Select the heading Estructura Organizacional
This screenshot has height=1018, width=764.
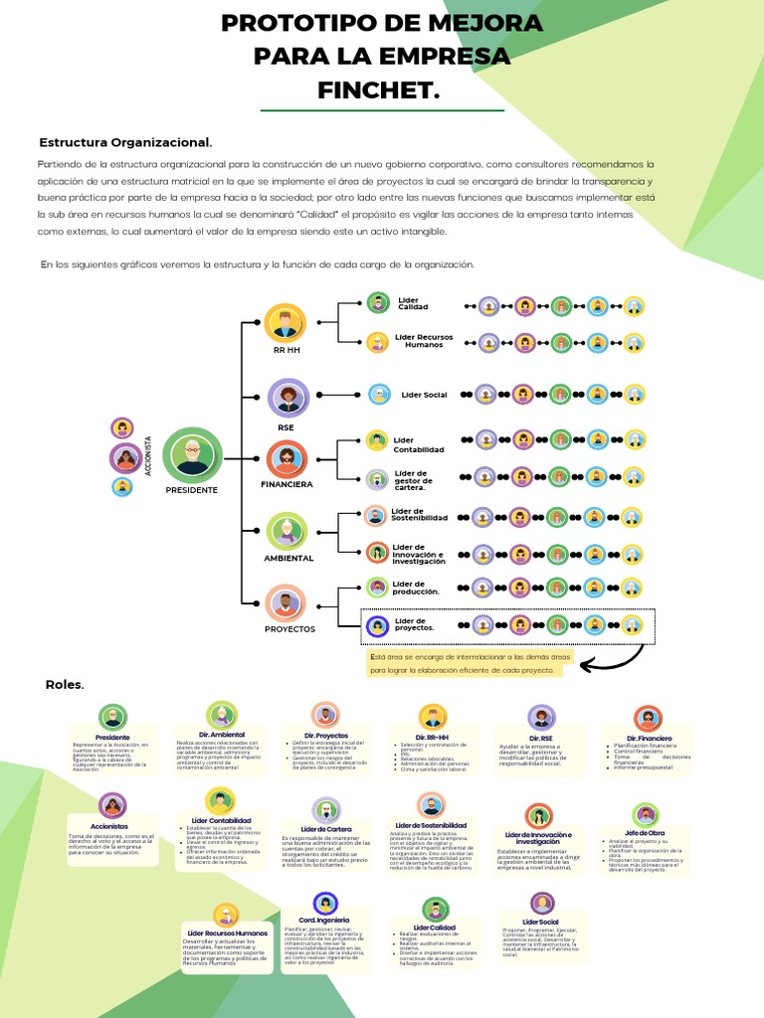[124, 142]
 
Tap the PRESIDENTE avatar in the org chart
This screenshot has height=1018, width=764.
[191, 455]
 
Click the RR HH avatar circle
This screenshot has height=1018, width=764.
[286, 323]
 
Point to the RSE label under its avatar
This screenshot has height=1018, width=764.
[286, 427]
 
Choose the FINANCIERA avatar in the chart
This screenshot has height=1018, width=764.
[286, 458]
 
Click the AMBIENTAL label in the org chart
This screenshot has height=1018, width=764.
[288, 558]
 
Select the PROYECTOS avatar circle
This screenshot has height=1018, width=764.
[286, 602]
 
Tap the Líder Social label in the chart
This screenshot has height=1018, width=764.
[424, 395]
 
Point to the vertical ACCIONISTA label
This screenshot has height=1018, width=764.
[148, 456]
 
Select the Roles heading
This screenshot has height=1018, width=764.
[65, 685]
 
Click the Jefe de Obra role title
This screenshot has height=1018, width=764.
[644, 832]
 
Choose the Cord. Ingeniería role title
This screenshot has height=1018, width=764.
[324, 922]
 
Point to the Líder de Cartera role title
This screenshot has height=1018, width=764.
[325, 829]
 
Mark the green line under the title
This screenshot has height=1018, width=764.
[382, 110]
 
